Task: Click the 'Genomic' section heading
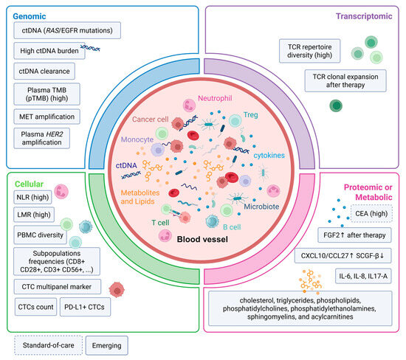point(30,16)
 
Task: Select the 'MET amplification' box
point(47,117)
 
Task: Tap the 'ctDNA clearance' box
point(44,71)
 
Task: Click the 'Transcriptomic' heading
point(364,16)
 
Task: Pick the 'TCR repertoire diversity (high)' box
point(310,51)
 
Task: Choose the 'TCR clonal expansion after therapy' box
point(345,80)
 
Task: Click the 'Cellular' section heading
point(29,184)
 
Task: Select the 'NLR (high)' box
point(32,197)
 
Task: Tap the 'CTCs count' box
point(35,307)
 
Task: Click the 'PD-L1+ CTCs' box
point(85,307)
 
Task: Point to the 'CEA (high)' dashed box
point(371,213)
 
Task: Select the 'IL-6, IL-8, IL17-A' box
point(363,276)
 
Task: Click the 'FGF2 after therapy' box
point(354,235)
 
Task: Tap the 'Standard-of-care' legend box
point(49,345)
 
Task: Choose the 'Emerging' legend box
point(107,345)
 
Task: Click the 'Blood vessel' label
point(202,239)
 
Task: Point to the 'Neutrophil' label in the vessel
point(215,98)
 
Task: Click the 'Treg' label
point(250,114)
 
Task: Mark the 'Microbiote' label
point(261,207)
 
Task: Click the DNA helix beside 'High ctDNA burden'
point(90,48)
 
